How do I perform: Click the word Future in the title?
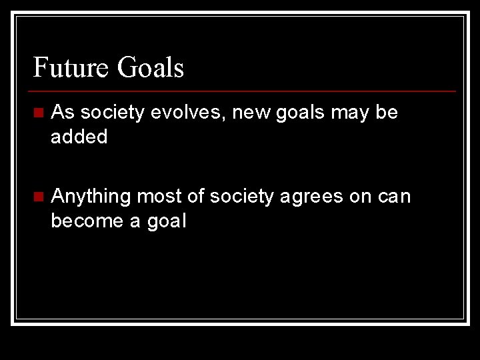click(x=70, y=68)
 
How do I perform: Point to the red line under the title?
click(x=244, y=91)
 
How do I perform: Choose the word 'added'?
click(x=79, y=137)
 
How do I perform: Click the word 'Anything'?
click(x=91, y=197)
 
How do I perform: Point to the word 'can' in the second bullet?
click(x=396, y=197)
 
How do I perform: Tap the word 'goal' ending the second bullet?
click(x=165, y=221)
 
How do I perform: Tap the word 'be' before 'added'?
click(x=387, y=113)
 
